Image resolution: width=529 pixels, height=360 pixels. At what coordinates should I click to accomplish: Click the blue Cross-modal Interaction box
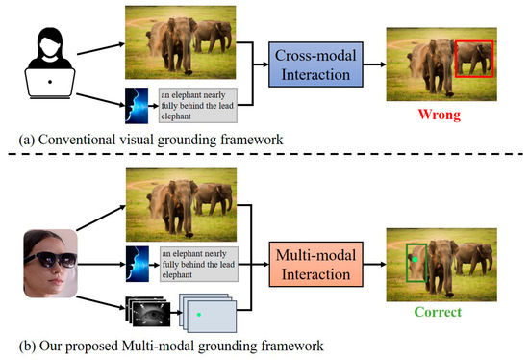(x=315, y=64)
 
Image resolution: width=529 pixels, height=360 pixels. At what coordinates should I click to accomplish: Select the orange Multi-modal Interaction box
(x=315, y=264)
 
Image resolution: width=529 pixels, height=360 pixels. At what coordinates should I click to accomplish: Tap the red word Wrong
(x=440, y=115)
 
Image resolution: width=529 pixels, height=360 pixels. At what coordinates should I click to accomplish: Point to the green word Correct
(x=438, y=312)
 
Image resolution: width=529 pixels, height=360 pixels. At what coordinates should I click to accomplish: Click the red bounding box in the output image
(x=456, y=59)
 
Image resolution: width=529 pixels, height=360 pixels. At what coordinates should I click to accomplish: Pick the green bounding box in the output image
(x=407, y=263)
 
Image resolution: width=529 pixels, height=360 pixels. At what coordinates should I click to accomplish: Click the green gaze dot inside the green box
(x=415, y=259)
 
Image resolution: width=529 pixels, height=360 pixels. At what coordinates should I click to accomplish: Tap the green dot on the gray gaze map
(x=199, y=315)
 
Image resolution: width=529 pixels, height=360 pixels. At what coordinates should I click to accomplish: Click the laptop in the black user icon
(x=50, y=83)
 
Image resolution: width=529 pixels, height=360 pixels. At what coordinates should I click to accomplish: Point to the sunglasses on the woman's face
(x=51, y=259)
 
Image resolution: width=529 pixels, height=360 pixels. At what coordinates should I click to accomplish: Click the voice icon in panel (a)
(x=137, y=106)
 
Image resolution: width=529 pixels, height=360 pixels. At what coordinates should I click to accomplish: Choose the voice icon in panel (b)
(x=138, y=264)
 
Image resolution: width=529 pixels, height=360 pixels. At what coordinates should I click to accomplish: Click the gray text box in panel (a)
(x=198, y=105)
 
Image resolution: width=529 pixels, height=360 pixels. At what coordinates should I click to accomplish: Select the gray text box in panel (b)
(x=199, y=264)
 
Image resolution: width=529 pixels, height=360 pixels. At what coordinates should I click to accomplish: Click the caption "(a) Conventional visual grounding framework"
(x=151, y=140)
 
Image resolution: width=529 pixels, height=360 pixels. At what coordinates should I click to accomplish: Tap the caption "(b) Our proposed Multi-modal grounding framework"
(x=171, y=347)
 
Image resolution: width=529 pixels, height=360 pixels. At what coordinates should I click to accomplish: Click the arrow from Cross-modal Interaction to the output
(x=374, y=64)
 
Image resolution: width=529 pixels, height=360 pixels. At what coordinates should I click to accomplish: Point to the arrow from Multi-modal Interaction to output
(x=374, y=264)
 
